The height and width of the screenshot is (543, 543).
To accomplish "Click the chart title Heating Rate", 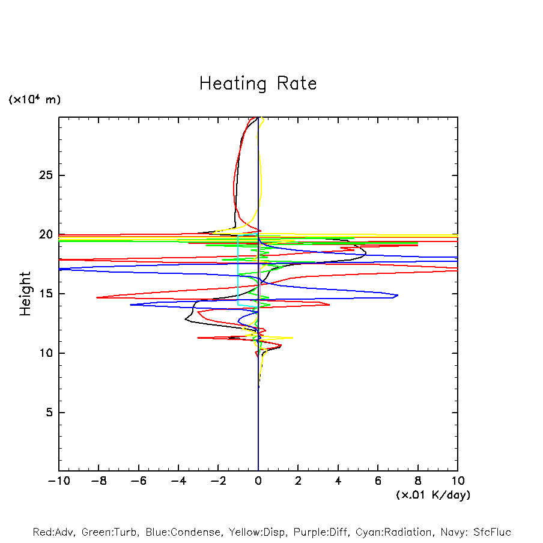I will click(258, 83).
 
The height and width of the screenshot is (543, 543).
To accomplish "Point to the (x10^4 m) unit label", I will click(34, 100).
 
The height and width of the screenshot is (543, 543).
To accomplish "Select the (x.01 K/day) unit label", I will click(433, 495).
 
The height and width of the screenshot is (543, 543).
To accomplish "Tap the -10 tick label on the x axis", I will click(59, 481).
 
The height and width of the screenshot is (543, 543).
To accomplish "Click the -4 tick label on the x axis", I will click(178, 481).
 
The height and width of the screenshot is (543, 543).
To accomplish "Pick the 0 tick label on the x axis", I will click(258, 481).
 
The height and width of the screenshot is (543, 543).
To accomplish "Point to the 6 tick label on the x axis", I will click(378, 481).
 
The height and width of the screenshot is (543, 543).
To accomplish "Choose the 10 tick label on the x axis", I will click(458, 481).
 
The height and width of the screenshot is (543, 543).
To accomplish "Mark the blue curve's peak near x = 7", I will click(398, 296).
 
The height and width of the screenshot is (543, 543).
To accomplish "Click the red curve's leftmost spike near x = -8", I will click(97, 297).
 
